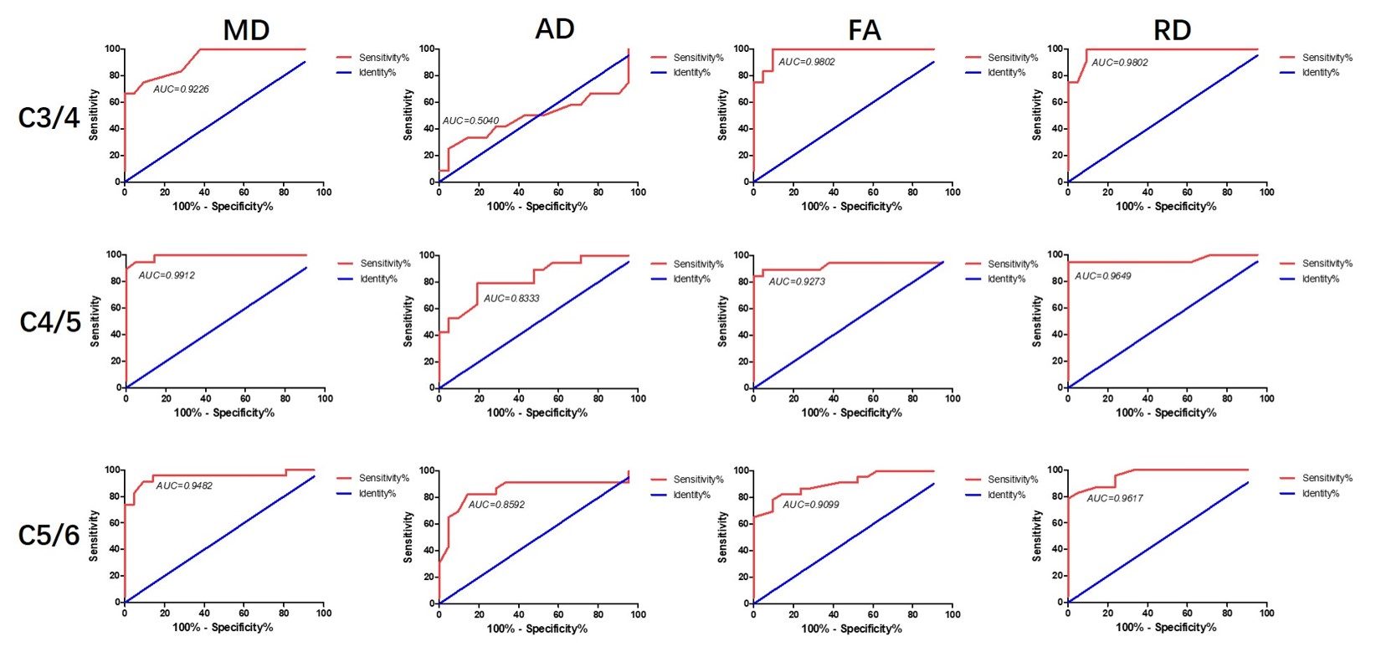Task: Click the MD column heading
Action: tap(246, 30)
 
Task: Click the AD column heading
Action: tap(555, 28)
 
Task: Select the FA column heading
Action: tap(865, 30)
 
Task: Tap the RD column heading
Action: tap(1172, 30)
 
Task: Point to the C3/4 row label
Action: tap(49, 118)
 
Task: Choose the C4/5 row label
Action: tap(50, 322)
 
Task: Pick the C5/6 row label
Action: tap(49, 535)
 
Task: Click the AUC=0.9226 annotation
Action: tap(181, 89)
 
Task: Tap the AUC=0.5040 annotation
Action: tap(470, 121)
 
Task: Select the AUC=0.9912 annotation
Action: tap(167, 275)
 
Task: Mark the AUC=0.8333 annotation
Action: tap(511, 298)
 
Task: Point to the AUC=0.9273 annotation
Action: tap(797, 282)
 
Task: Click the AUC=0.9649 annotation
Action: tap(1103, 275)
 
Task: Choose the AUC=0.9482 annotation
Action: tap(184, 485)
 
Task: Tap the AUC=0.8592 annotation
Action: tap(496, 505)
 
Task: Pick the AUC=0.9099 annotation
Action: tap(810, 505)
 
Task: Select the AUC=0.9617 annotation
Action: tap(1115, 498)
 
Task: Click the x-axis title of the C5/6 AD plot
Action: tap(537, 629)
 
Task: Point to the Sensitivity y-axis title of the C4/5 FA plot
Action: tap(722, 321)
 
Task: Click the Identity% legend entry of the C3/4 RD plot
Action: tap(1320, 73)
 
